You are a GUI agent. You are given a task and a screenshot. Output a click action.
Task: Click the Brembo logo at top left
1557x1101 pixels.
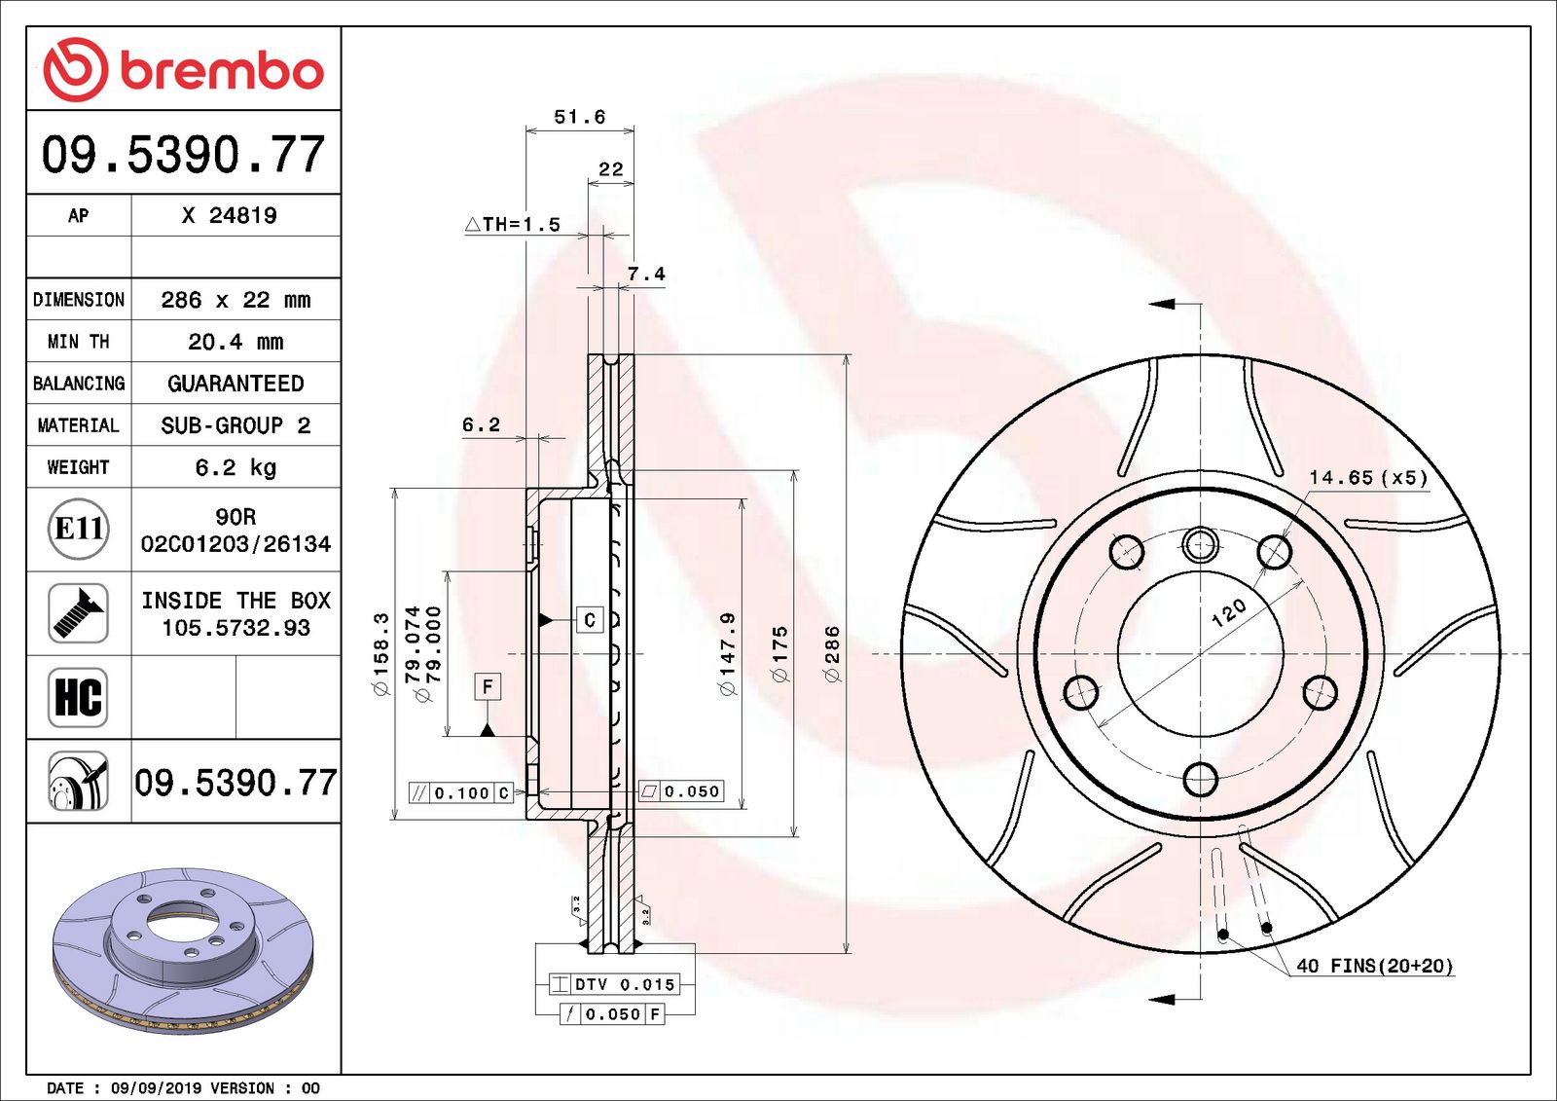click(x=183, y=70)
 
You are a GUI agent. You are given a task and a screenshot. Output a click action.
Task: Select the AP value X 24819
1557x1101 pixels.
click(x=230, y=215)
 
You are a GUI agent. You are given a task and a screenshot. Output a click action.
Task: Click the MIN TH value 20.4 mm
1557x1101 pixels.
click(x=235, y=342)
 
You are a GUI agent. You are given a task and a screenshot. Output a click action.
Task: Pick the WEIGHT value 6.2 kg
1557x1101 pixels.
click(x=235, y=467)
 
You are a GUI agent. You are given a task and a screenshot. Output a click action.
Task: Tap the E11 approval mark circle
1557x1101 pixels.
click(x=78, y=529)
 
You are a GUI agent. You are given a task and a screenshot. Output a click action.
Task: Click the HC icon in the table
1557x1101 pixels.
click(x=78, y=697)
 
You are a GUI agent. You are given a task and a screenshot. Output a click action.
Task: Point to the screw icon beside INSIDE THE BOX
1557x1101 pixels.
click(x=78, y=613)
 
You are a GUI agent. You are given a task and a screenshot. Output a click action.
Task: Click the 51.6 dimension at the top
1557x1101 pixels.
click(x=579, y=117)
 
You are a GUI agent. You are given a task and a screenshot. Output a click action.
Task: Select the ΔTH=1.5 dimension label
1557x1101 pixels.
click(x=513, y=225)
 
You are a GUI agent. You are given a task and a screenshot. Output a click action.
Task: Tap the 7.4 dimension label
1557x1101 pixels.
click(x=646, y=275)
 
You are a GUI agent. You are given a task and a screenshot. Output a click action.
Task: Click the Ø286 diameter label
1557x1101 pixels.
click(x=832, y=654)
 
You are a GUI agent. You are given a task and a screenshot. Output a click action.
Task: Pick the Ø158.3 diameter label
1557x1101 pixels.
click(x=380, y=654)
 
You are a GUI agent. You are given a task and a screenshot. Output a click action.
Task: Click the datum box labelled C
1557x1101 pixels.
click(x=590, y=620)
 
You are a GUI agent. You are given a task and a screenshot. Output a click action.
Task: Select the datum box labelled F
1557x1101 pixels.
click(x=488, y=686)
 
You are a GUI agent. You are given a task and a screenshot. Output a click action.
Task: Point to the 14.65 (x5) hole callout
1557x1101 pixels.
click(x=1367, y=478)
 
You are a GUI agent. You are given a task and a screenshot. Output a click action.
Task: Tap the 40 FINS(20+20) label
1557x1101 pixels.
click(x=1374, y=966)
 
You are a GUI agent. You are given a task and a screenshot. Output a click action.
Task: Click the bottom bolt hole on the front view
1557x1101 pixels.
click(x=1200, y=779)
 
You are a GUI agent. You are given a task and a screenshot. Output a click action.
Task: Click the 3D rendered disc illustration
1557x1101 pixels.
click(x=183, y=949)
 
